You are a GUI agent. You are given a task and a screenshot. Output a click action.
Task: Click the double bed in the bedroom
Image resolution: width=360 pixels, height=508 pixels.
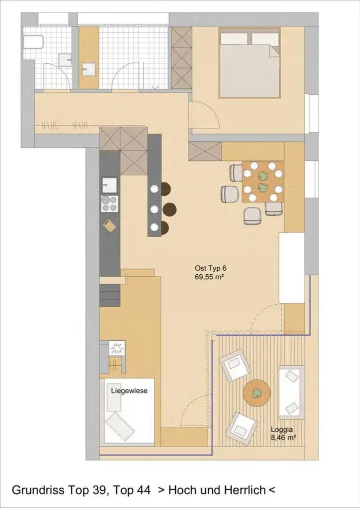(249, 63)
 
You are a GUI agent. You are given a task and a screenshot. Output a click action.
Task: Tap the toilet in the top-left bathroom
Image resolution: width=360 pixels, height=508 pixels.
(33, 42)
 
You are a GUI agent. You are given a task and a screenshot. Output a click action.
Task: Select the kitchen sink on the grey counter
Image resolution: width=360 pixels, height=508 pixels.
(109, 185)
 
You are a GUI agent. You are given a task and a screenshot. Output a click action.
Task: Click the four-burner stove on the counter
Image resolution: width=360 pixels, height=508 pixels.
(109, 204)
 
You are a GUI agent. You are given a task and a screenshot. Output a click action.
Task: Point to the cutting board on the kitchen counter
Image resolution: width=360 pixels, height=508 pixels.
(109, 225)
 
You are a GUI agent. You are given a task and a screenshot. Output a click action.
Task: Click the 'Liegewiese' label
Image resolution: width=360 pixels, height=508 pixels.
(129, 391)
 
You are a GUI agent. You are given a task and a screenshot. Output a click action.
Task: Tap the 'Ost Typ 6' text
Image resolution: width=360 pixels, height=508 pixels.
(210, 268)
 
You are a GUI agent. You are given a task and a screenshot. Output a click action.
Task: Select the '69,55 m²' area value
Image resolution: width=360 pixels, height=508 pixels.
(210, 277)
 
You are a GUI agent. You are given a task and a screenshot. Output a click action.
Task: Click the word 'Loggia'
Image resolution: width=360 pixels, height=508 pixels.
(282, 430)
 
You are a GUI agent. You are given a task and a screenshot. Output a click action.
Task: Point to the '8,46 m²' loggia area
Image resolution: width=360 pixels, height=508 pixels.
(283, 438)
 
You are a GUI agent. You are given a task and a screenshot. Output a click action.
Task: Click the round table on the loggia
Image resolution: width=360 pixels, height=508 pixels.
(257, 393)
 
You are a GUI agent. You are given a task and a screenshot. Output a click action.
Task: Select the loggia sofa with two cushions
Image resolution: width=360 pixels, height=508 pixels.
(292, 392)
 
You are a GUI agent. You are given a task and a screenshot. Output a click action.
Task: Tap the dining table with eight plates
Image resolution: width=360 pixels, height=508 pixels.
(262, 182)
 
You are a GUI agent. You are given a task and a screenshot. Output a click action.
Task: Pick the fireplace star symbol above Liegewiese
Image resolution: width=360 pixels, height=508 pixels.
(117, 348)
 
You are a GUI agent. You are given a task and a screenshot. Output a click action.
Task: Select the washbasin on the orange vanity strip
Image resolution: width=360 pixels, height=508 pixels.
(88, 69)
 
